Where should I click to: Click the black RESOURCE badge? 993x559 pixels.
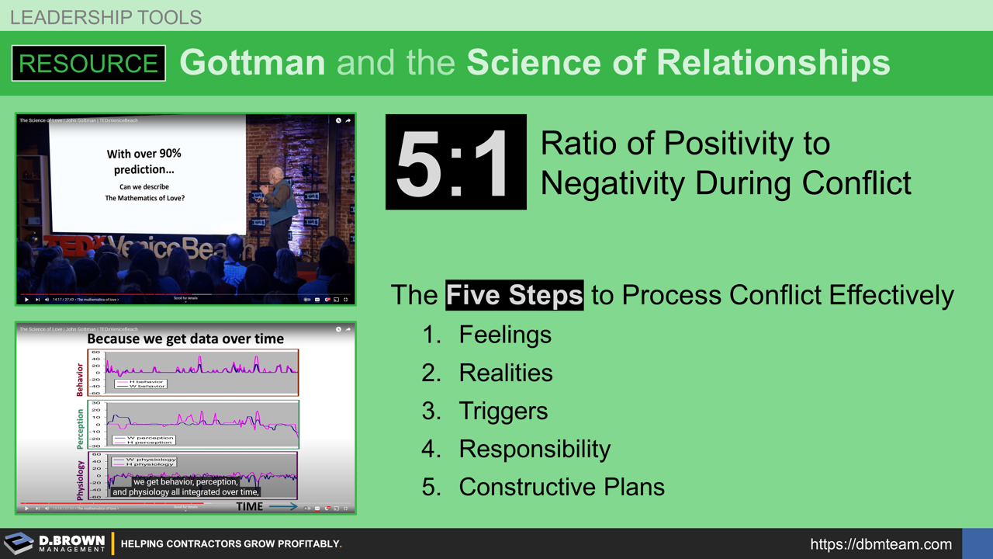[88, 63]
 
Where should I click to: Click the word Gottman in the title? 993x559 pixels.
[252, 63]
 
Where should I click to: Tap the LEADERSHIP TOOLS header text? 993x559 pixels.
[106, 16]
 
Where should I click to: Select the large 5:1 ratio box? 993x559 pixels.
[455, 162]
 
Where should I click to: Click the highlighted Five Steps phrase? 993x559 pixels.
[514, 295]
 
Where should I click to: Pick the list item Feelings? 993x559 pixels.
[505, 335]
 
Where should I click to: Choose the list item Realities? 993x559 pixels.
[506, 373]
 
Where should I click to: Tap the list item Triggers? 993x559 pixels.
[503, 411]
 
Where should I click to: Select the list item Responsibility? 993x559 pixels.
[535, 449]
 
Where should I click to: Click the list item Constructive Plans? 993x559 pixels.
[562, 487]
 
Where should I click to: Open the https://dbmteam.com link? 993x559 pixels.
[881, 544]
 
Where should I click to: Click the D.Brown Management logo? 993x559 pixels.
[54, 543]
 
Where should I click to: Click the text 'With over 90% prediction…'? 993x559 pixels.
[144, 161]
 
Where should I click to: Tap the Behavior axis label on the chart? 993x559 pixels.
[79, 379]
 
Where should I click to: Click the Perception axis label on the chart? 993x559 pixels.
[79, 429]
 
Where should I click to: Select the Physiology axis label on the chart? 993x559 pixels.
[79, 479]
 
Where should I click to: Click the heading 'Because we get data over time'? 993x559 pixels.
[185, 339]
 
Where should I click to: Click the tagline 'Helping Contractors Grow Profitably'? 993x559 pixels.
[230, 544]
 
